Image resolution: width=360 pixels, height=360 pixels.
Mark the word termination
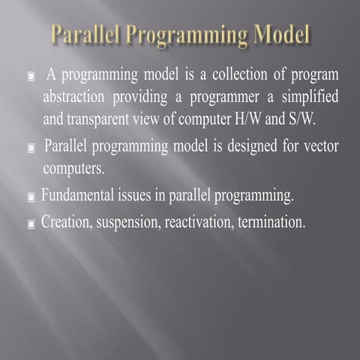tap(274, 223)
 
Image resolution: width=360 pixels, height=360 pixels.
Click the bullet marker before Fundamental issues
tap(31, 198)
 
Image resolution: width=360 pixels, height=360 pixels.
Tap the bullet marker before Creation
tap(31, 224)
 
